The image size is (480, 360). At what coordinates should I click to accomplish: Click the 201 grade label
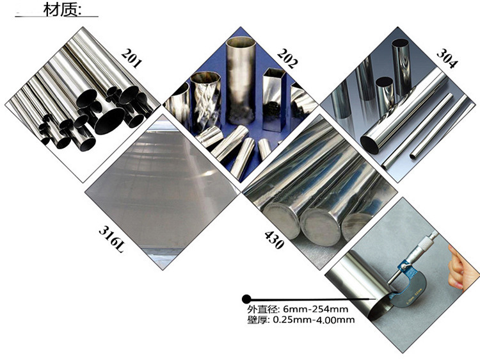132,58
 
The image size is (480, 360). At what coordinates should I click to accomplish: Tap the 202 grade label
287,58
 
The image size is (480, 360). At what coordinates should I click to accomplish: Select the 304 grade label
447,58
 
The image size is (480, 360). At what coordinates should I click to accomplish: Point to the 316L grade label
112,240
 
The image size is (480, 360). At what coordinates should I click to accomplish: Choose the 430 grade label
275,240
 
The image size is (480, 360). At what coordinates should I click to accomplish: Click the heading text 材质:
63,10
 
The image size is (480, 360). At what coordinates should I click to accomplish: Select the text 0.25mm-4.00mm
314,320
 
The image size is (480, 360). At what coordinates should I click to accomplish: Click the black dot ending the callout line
246,299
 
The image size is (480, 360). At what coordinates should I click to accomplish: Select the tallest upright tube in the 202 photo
240,80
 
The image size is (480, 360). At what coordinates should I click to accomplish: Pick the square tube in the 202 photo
273,99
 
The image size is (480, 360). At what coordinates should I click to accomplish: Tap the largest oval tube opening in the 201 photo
109,120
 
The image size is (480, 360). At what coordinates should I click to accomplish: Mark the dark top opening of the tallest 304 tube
401,44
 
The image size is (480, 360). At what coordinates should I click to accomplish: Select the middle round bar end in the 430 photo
321,226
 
